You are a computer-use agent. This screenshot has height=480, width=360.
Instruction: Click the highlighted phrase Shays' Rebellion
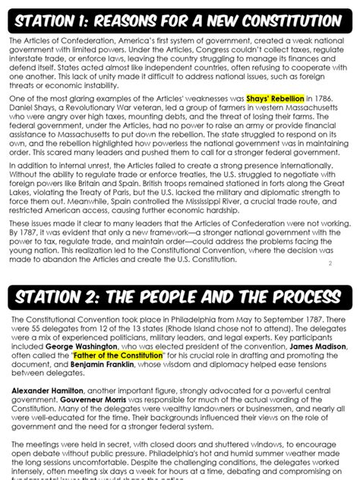(x=274, y=99)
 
